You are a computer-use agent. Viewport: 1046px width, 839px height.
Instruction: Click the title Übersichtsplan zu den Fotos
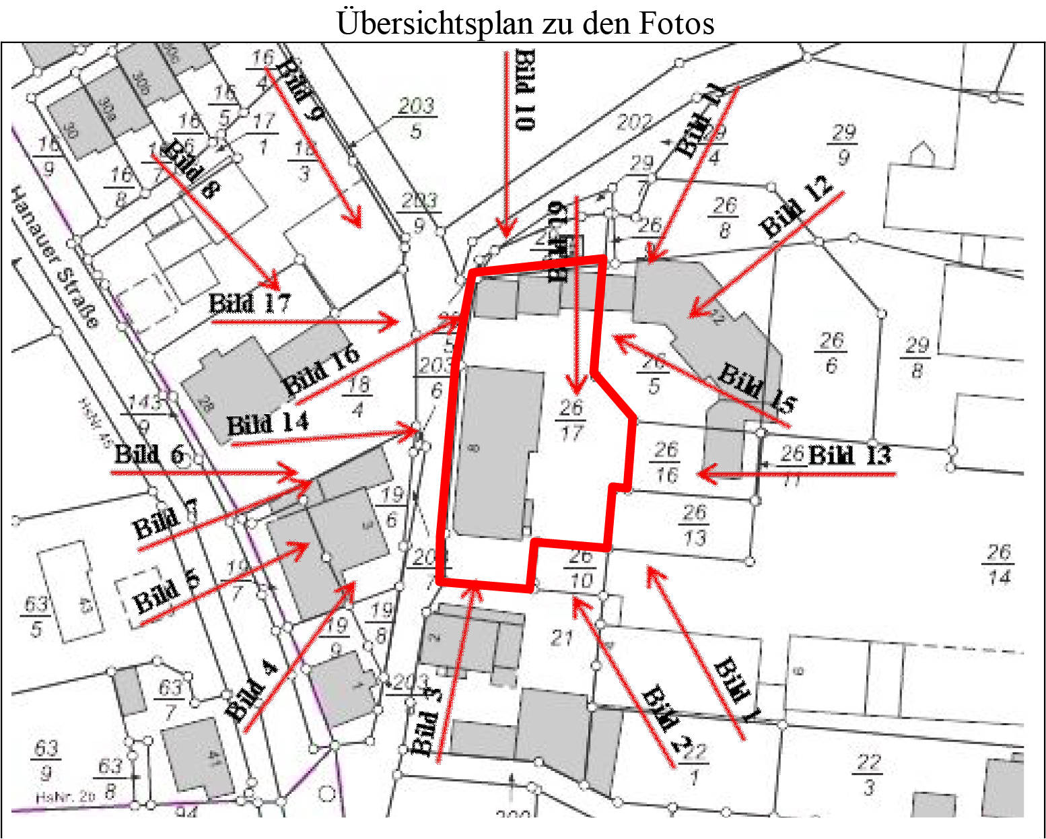tap(525, 23)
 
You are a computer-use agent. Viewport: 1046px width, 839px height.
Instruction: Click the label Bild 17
tap(249, 303)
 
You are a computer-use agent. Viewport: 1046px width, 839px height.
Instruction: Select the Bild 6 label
tap(149, 455)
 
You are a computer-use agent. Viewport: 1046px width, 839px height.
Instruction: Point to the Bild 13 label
tap(849, 456)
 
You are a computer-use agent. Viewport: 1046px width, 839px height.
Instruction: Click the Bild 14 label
tap(267, 424)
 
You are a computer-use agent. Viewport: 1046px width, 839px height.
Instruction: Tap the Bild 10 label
tap(526, 90)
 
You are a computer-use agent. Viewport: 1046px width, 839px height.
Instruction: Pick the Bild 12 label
tap(796, 207)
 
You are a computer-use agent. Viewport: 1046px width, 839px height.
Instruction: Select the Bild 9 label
tap(300, 89)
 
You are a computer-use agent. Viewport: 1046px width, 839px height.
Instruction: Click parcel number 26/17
tap(571, 419)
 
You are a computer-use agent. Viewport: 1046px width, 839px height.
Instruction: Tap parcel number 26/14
tap(999, 564)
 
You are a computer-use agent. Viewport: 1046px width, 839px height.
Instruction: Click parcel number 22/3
tap(868, 774)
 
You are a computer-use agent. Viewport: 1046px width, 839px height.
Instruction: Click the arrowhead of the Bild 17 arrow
tap(394, 322)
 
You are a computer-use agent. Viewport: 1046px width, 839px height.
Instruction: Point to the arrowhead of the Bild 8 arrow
tap(275, 284)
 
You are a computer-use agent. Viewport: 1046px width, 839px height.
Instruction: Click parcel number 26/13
tap(695, 525)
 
